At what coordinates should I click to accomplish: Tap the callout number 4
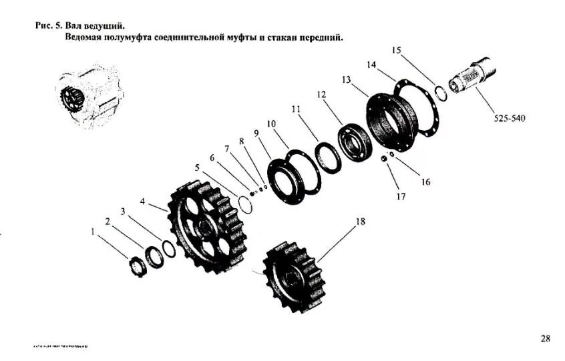point(142,201)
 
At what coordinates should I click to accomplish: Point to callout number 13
point(346,79)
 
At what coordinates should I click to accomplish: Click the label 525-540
point(510,118)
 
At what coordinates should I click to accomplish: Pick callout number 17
point(401,197)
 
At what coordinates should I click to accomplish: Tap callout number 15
point(396,50)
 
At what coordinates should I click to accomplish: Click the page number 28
point(545,338)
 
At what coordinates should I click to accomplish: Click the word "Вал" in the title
point(75,26)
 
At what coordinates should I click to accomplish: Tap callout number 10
point(271,123)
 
